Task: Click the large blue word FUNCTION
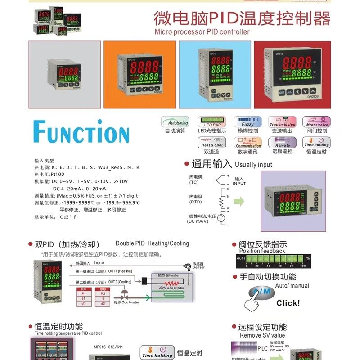pos(81,131)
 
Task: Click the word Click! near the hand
pos(288,303)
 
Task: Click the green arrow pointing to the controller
pos(239,201)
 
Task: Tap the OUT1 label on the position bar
pos(242,259)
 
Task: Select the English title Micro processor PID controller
pos(202,32)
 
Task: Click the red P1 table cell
pos(83,293)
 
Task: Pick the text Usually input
pos(253,165)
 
